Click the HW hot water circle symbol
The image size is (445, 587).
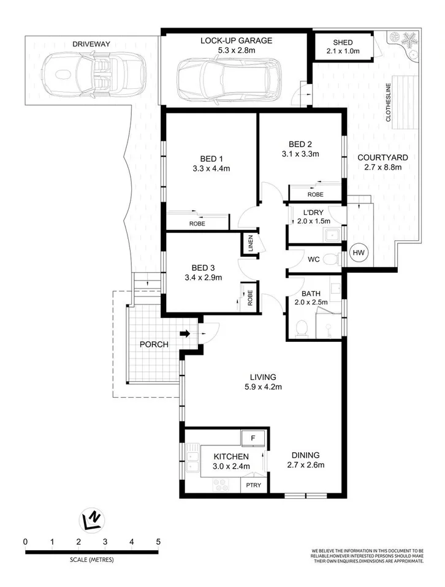(x=358, y=252)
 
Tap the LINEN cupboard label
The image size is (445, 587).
(x=249, y=243)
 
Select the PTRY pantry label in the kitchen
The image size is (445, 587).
(x=253, y=486)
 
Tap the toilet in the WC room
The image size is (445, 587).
(x=331, y=259)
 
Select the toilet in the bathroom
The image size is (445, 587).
(x=301, y=329)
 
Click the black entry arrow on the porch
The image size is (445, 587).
(x=184, y=334)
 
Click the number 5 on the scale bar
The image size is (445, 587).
(x=158, y=542)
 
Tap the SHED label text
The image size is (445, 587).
(x=343, y=42)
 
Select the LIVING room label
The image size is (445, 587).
(x=262, y=376)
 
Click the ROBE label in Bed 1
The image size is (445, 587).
(x=197, y=224)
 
